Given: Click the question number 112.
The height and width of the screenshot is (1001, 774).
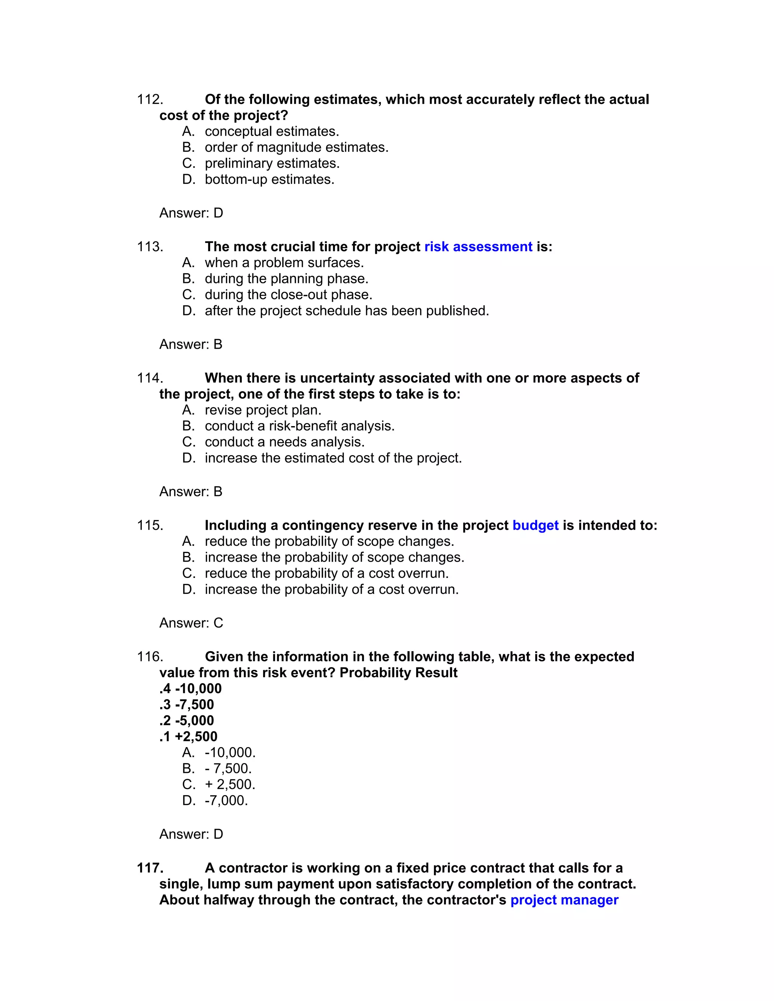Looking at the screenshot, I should pyautogui.click(x=150, y=99).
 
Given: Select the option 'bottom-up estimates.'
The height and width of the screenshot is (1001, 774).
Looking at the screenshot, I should pyautogui.click(x=269, y=179).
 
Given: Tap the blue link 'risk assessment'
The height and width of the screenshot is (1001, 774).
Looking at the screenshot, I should pyautogui.click(x=478, y=247).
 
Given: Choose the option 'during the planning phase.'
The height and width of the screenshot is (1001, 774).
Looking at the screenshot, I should pyautogui.click(x=286, y=279).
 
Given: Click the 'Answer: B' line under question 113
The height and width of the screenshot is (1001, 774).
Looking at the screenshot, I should pyautogui.click(x=191, y=344).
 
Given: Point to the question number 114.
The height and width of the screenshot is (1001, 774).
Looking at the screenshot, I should pyautogui.click(x=150, y=378).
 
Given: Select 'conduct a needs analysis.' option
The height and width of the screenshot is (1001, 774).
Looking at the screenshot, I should pyautogui.click(x=284, y=442).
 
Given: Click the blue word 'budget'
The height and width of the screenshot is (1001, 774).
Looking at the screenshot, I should pyautogui.click(x=535, y=525).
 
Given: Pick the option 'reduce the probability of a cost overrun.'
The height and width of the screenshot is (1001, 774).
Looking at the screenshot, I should pyautogui.click(x=327, y=573).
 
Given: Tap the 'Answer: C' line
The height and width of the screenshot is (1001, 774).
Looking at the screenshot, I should pyautogui.click(x=191, y=623).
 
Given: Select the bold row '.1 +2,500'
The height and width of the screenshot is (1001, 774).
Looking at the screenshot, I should pyautogui.click(x=188, y=737).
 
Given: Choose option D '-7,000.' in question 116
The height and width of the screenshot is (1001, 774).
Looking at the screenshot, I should pyautogui.click(x=226, y=800).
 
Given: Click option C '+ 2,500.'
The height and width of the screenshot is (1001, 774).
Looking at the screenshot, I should pyautogui.click(x=230, y=784).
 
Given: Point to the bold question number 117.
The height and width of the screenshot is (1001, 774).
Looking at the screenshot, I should pyautogui.click(x=150, y=868).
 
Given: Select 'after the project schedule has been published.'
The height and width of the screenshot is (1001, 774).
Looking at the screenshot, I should pyautogui.click(x=347, y=311).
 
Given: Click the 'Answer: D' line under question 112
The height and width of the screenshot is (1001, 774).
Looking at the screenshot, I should pyautogui.click(x=191, y=213).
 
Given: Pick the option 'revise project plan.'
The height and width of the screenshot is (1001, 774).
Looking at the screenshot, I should pyautogui.click(x=263, y=410).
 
